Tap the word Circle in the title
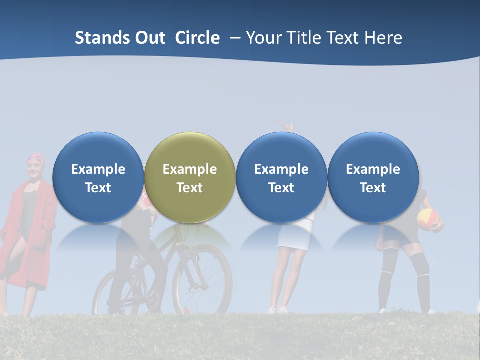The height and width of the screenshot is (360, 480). (x=197, y=38)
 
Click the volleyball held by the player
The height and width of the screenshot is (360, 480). (x=428, y=219)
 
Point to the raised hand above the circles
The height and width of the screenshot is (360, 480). (x=286, y=126)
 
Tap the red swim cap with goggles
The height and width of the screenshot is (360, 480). (x=36, y=159)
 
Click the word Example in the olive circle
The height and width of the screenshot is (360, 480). (x=190, y=169)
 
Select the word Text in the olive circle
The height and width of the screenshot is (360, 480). (x=190, y=188)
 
